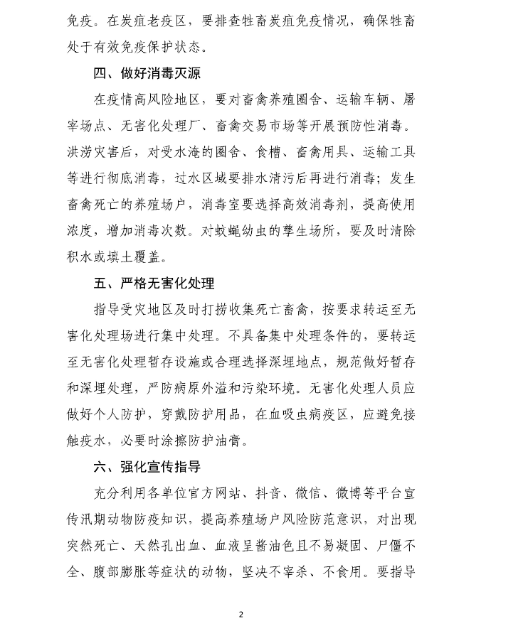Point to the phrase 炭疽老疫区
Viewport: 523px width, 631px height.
[157, 22]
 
